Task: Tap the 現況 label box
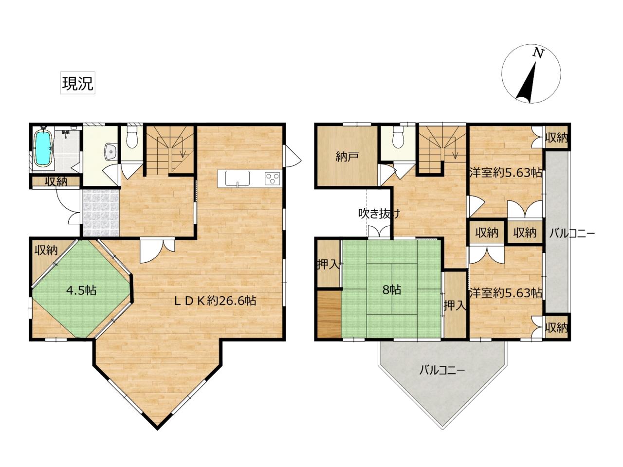pyautogui.click(x=78, y=83)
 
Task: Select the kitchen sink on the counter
pyautogui.click(x=238, y=179)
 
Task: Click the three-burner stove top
pyautogui.click(x=273, y=179)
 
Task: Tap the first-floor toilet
pyautogui.click(x=131, y=137)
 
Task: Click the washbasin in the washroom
pyautogui.click(x=110, y=151)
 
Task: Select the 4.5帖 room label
pyautogui.click(x=81, y=290)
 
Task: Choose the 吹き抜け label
pyautogui.click(x=379, y=214)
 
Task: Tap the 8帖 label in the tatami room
pyautogui.click(x=392, y=290)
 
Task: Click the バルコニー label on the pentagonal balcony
pyautogui.click(x=442, y=370)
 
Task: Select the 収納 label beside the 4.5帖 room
pyautogui.click(x=46, y=250)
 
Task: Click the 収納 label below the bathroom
pyautogui.click(x=56, y=182)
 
